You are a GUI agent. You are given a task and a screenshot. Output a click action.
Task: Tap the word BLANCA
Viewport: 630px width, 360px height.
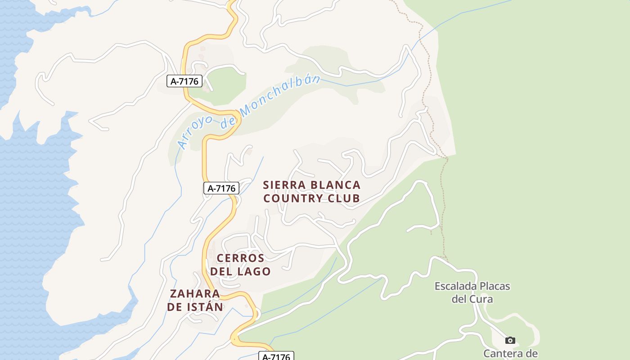click(333, 185)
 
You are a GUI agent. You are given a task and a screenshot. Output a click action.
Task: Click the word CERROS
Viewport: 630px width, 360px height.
click(240, 258)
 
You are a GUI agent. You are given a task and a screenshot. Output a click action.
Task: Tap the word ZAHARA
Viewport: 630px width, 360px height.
click(195, 294)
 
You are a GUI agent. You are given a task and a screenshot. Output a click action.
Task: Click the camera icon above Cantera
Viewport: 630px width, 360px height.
click(510, 340)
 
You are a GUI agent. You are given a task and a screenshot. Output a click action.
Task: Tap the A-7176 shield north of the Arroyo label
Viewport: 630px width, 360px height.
click(184, 81)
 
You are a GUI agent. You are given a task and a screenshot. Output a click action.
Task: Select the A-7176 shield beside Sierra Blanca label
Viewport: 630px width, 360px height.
click(221, 188)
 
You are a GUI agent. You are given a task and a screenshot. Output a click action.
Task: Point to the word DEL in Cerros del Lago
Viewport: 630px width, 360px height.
click(221, 271)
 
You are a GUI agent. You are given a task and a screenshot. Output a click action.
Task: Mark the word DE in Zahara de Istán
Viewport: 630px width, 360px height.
click(175, 307)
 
